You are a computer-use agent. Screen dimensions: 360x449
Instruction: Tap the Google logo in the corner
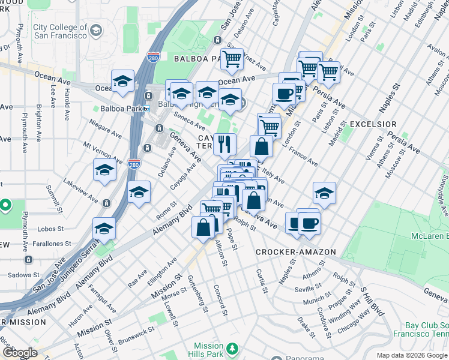click(19, 353)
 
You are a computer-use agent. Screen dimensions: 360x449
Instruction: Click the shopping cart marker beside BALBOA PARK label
click(232, 59)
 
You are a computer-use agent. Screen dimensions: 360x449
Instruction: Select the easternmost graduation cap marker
click(324, 193)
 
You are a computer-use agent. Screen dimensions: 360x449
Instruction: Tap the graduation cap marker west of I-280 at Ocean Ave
click(122, 82)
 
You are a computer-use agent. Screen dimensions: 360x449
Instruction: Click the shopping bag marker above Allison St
click(203, 227)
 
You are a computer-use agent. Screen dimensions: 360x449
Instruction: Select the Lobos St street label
click(50, 229)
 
